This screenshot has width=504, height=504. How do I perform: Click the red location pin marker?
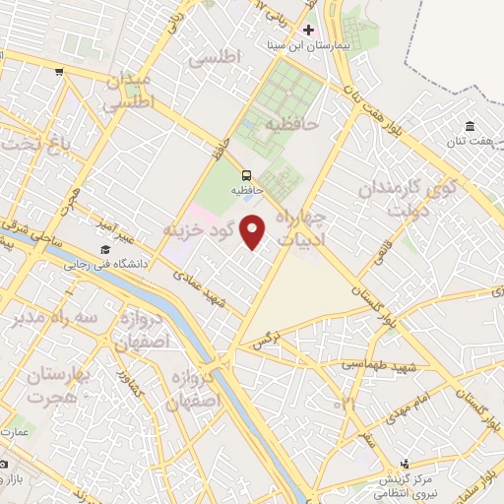pos(254,231)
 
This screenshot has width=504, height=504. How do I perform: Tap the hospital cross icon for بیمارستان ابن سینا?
pos(308,31)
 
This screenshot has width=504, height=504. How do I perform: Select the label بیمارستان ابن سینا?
pos(308,45)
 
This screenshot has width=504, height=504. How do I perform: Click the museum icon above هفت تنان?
pos(471,126)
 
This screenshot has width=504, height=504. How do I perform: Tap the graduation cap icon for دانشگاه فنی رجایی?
pos(104,249)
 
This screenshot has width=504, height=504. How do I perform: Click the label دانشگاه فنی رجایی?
pos(104,264)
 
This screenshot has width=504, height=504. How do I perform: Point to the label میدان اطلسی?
pos(128,90)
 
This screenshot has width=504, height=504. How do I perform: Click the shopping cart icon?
pos(60,71)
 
